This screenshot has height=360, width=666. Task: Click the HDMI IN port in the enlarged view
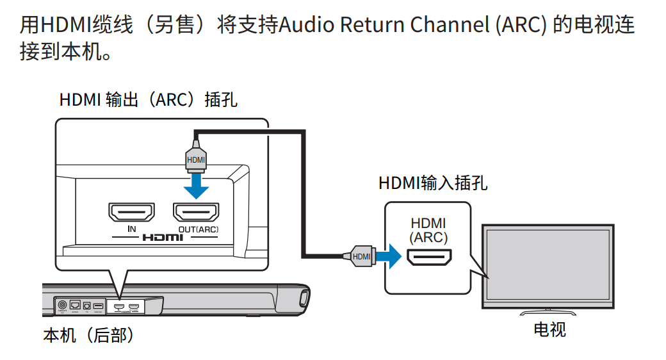[131, 211]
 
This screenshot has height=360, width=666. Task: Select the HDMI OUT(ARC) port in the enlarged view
[195, 211]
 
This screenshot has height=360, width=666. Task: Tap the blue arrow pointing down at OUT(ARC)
[195, 186]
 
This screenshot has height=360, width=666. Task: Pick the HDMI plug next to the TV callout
[359, 257]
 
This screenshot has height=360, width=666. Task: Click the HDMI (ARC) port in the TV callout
[428, 257]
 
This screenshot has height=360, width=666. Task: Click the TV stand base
[549, 312]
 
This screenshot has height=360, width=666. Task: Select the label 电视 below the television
[549, 330]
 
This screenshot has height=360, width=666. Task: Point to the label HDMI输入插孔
[432, 183]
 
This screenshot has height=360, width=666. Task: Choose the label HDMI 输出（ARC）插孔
[148, 100]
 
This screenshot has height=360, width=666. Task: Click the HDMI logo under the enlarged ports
[163, 237]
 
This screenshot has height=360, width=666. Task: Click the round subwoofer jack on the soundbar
[62, 305]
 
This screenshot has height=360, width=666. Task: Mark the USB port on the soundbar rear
[97, 306]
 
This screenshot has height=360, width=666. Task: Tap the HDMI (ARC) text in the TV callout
[428, 230]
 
